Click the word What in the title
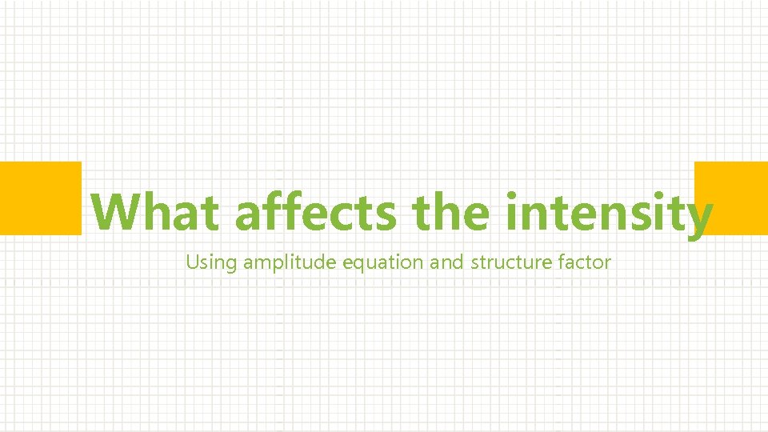pos(155,212)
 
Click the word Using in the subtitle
pos(212,262)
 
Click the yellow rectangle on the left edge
pos(40,198)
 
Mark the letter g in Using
pos(232,265)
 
